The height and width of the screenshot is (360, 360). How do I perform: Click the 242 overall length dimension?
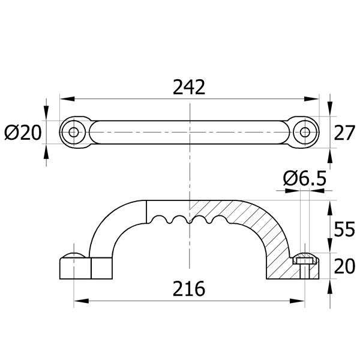(x=189, y=87)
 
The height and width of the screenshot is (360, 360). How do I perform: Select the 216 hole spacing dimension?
(x=189, y=289)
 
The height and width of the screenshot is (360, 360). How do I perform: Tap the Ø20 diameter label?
(x=23, y=133)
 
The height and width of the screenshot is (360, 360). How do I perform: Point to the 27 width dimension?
(x=344, y=133)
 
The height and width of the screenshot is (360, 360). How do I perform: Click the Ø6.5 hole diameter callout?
(x=304, y=178)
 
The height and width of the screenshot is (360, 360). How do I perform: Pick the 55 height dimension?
(x=344, y=229)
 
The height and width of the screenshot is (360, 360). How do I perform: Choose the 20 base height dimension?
(x=344, y=266)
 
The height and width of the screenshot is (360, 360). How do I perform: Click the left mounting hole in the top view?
(x=73, y=132)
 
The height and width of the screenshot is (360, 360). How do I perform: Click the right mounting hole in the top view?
(x=305, y=132)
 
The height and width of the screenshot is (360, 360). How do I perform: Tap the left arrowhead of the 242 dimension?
(x=67, y=99)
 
